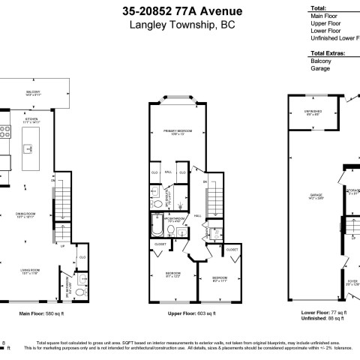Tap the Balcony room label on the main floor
[32, 92]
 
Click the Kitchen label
[32, 119]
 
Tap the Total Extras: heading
[330, 54]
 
